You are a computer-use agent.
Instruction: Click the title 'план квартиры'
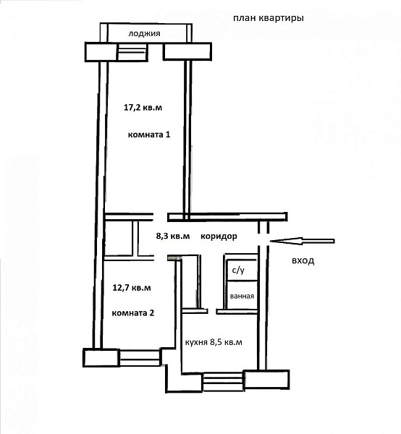tap(269, 18)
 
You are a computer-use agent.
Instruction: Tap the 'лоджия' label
tap(144, 33)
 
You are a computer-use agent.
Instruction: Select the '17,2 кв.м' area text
tap(143, 107)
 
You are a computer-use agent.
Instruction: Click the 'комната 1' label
tap(149, 135)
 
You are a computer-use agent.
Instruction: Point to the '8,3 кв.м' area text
tap(173, 236)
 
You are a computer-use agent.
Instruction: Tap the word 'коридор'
tap(219, 237)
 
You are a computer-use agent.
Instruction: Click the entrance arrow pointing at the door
tap(302, 241)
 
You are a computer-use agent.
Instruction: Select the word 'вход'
tap(303, 260)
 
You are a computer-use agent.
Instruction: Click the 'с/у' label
tap(238, 270)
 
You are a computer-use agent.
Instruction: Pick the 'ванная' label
tap(242, 296)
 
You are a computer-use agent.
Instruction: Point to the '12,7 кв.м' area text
tap(132, 288)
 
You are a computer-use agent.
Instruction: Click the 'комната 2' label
tap(133, 313)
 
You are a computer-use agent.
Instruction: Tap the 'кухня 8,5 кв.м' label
tap(214, 342)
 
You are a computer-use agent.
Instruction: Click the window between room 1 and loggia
tap(132, 52)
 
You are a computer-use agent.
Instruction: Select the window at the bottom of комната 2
tap(140, 358)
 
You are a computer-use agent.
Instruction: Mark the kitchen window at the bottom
tap(223, 382)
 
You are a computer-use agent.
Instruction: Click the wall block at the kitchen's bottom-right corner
tap(266, 380)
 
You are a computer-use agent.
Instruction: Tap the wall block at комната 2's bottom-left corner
tap(101, 358)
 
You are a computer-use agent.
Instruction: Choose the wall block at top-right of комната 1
tap(187, 51)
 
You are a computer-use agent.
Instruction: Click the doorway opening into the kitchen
tap(212, 311)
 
